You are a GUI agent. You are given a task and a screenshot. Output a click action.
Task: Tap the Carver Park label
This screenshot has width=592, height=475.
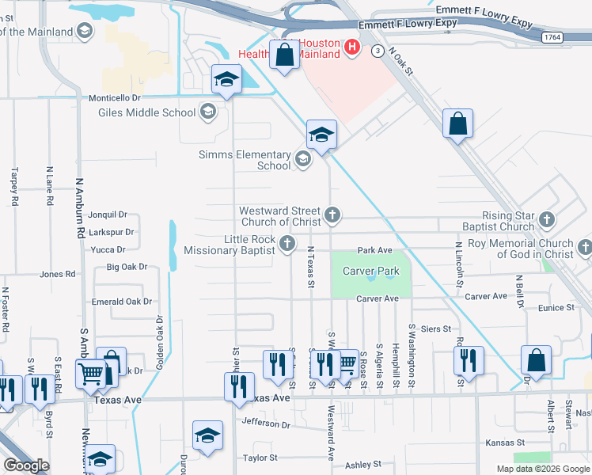pyautogui.click(x=370, y=272)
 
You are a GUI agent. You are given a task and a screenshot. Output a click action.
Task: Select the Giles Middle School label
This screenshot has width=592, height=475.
pyautogui.click(x=146, y=112)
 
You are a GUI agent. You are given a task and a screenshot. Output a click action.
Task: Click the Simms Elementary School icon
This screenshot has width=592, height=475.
pyautogui.click(x=302, y=160)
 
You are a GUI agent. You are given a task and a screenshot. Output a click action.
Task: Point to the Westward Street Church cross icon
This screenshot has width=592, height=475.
pyautogui.click(x=333, y=213)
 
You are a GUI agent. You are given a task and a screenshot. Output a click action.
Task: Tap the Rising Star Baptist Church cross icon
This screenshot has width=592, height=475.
pyautogui.click(x=546, y=218)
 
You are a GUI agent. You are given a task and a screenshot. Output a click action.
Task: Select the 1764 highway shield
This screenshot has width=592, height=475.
pyautogui.click(x=552, y=37)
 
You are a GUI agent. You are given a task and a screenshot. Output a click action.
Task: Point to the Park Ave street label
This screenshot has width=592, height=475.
pyautogui.click(x=374, y=250)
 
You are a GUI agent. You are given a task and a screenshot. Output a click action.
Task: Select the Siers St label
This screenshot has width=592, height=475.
pyautogui.click(x=435, y=329)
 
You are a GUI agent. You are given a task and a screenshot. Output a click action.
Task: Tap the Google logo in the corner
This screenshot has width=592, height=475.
pyautogui.click(x=27, y=465)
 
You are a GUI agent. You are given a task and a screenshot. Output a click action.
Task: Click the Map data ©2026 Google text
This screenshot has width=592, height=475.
pyautogui.click(x=543, y=469)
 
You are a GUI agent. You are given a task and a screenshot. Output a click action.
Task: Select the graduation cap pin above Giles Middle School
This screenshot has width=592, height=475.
pyautogui.click(x=226, y=79)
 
